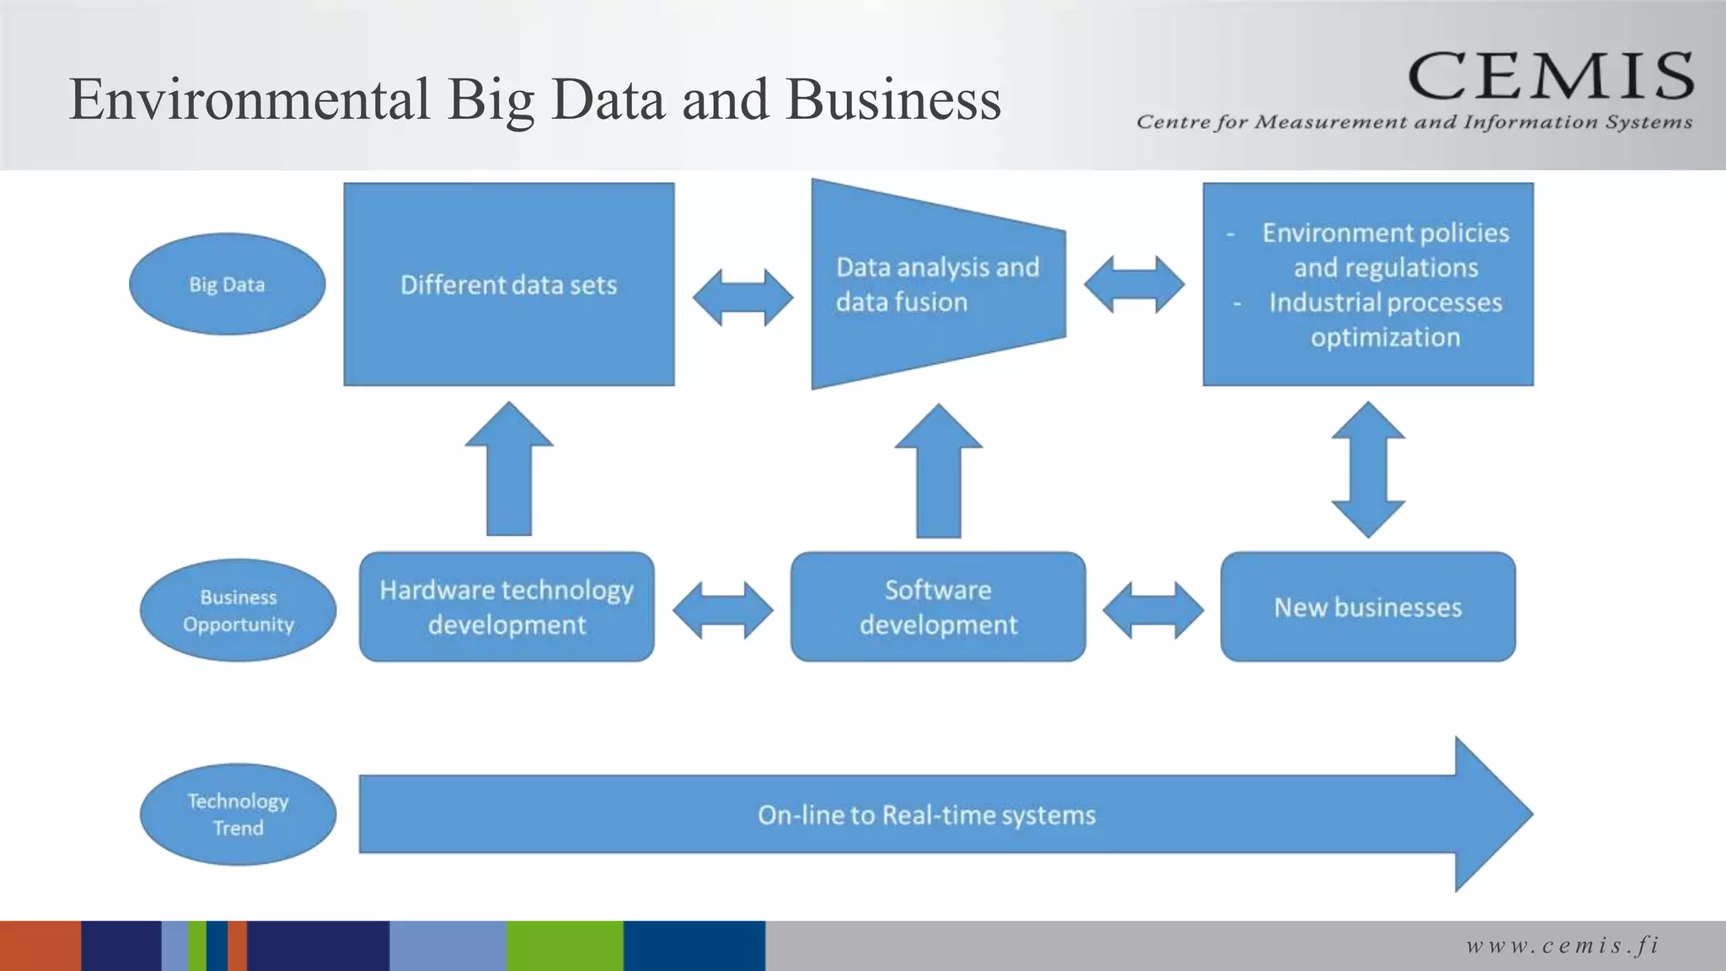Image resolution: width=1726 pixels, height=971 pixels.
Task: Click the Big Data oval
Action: pyautogui.click(x=227, y=284)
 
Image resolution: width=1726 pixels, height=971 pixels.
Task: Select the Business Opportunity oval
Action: pyautogui.click(x=238, y=610)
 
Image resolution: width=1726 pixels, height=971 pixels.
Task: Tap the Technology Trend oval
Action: pyautogui.click(x=238, y=814)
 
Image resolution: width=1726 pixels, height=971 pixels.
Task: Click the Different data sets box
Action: pyautogui.click(x=508, y=284)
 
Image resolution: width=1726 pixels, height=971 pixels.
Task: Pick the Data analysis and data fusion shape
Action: pyautogui.click(x=937, y=284)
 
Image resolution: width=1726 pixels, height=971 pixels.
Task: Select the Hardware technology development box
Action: pyautogui.click(x=507, y=607)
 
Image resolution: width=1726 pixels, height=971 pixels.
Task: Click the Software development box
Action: pyautogui.click(x=938, y=607)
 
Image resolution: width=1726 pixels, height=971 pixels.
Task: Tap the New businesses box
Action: pyautogui.click(x=1368, y=607)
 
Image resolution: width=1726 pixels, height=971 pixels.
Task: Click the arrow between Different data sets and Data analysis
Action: pyautogui.click(x=742, y=298)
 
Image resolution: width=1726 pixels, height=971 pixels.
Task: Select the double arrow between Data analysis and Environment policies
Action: pyautogui.click(x=1134, y=285)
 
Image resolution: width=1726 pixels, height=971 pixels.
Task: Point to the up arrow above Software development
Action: pyautogui.click(x=938, y=472)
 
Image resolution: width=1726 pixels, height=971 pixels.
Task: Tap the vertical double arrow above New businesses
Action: pyautogui.click(x=1368, y=469)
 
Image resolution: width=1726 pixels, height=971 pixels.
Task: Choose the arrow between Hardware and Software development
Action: pyautogui.click(x=722, y=610)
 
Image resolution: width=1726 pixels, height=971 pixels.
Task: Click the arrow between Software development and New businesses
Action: pyautogui.click(x=1153, y=610)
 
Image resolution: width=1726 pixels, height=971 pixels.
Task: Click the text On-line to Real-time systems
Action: pyautogui.click(x=926, y=815)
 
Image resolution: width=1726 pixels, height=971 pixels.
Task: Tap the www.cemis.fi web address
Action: pyautogui.click(x=1563, y=946)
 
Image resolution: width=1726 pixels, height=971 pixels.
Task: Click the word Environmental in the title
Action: pyautogui.click(x=249, y=99)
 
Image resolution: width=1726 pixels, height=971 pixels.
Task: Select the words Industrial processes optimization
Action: pyautogui.click(x=1385, y=319)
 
